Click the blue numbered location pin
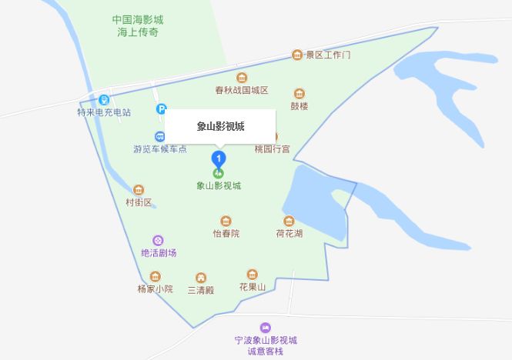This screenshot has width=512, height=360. point(219,159)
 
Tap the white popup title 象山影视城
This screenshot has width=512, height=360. point(220,126)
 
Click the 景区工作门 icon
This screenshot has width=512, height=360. point(297,55)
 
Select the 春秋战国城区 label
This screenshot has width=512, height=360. point(242,90)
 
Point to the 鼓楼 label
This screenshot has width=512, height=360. point(299,106)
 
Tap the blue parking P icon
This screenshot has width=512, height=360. point(161,110)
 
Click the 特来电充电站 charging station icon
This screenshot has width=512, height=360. point(104,99)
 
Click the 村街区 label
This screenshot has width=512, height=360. point(139,202)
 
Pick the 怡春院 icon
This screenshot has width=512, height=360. point(226,221)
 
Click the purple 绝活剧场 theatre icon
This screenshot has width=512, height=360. point(159,241)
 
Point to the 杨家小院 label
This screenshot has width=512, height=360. point(155,289)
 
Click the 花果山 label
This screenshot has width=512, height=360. point(252,287)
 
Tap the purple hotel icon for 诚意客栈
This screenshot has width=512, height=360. point(266,328)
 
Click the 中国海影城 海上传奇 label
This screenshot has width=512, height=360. point(137,26)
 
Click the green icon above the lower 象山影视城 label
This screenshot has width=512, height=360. point(218,173)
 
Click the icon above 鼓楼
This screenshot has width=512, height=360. point(299,92)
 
